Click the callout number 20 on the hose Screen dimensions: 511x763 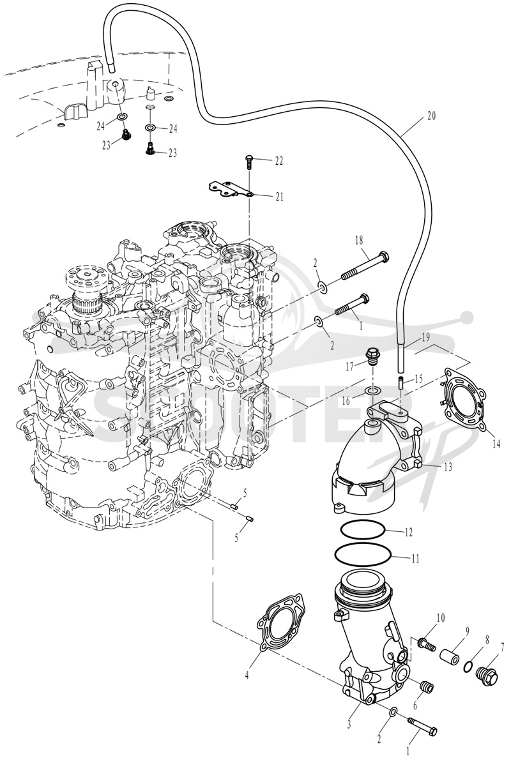(x=431, y=116)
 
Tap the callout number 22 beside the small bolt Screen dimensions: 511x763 (x=278, y=160)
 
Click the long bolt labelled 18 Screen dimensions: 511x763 (x=365, y=266)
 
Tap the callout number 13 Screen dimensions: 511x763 (x=448, y=467)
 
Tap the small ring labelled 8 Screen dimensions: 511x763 (x=468, y=665)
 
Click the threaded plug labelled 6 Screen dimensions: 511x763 (x=426, y=686)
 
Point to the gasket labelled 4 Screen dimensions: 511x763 (x=281, y=623)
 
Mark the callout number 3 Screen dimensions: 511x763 (x=349, y=724)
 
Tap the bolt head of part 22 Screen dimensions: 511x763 (x=248, y=157)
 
